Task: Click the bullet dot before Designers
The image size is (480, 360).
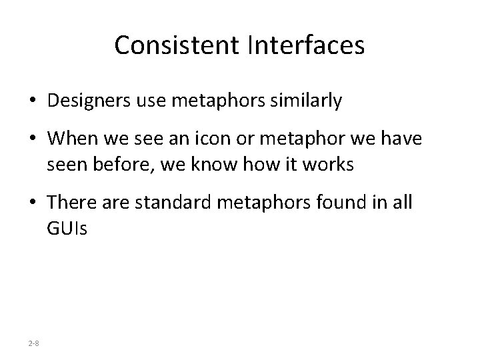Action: [33, 102]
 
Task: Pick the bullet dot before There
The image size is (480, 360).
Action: [33, 202]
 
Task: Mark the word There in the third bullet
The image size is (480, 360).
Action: [69, 202]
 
